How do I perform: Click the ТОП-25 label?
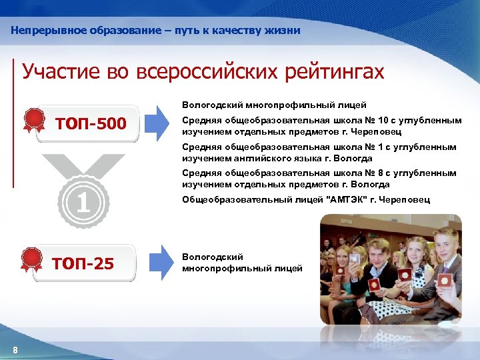point(83,264)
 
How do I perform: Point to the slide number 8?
point(15,351)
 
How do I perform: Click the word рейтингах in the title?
point(335,72)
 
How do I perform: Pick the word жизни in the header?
point(285,31)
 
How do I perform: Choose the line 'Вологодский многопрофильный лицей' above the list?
point(274,105)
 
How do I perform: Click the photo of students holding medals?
point(390,270)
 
